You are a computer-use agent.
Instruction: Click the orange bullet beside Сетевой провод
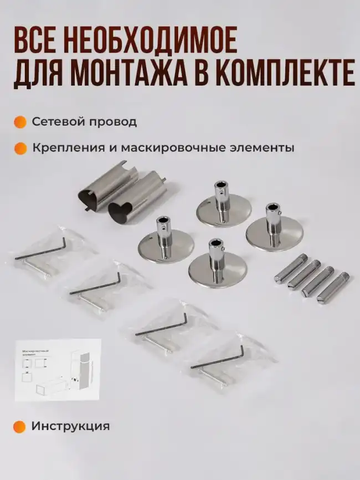coord(20,121)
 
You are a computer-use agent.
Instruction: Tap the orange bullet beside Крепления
coord(20,149)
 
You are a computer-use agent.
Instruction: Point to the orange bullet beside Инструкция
coord(20,426)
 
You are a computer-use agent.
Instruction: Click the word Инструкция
coord(70,426)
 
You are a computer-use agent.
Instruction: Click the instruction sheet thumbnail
coord(58,370)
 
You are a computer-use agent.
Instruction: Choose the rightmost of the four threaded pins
coord(331,287)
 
